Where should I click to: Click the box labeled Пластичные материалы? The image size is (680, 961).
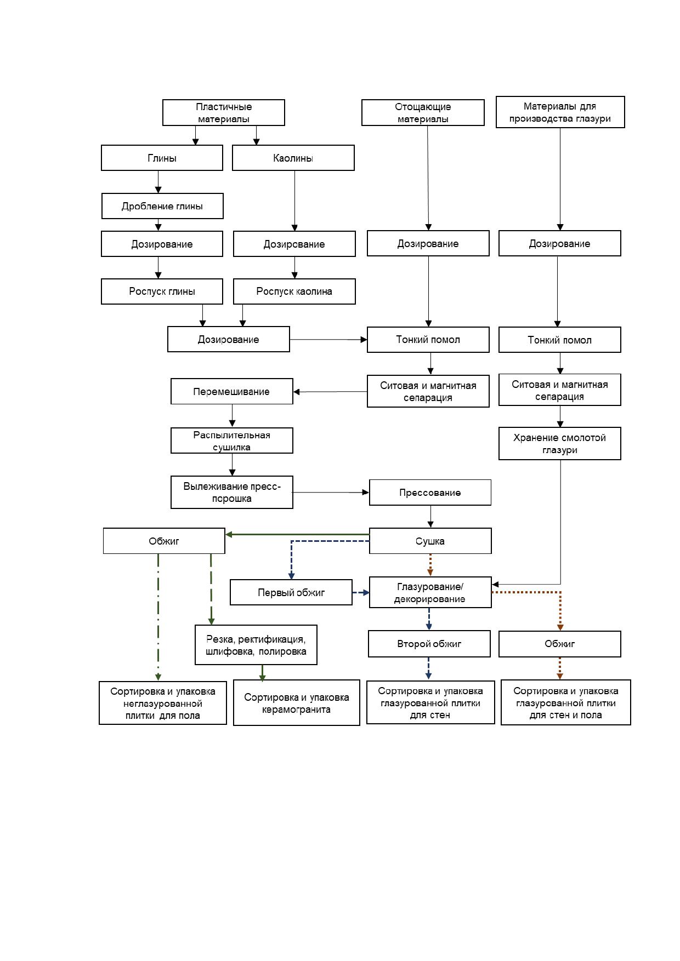coord(224,113)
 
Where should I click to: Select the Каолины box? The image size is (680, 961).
coord(293,158)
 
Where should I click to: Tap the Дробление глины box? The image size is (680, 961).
coord(162,206)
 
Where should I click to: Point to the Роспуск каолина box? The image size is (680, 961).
coord(294,291)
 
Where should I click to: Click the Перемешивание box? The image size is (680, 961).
coord(232,391)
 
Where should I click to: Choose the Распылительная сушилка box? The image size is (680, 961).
coord(232,441)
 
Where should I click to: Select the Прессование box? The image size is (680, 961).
coord(430,493)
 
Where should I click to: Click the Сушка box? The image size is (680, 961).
coord(430,541)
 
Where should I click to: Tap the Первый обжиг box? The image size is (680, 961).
coord(291,592)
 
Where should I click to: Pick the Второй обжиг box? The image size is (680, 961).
coord(429,644)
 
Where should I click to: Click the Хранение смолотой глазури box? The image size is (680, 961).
coord(560,443)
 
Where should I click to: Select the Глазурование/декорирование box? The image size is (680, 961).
coord(430,592)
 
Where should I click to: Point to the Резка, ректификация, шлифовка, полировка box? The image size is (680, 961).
coord(256,645)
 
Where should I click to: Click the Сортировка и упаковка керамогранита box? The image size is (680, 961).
coord(297,703)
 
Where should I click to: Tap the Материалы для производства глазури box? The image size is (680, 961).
coord(560,112)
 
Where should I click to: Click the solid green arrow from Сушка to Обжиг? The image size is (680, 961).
coord(297,534)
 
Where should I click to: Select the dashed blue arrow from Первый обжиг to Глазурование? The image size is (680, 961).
coord(361,592)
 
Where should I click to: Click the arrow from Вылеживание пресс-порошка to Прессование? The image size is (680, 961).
coord(331,493)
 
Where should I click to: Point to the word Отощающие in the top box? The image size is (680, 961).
coord(423,107)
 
